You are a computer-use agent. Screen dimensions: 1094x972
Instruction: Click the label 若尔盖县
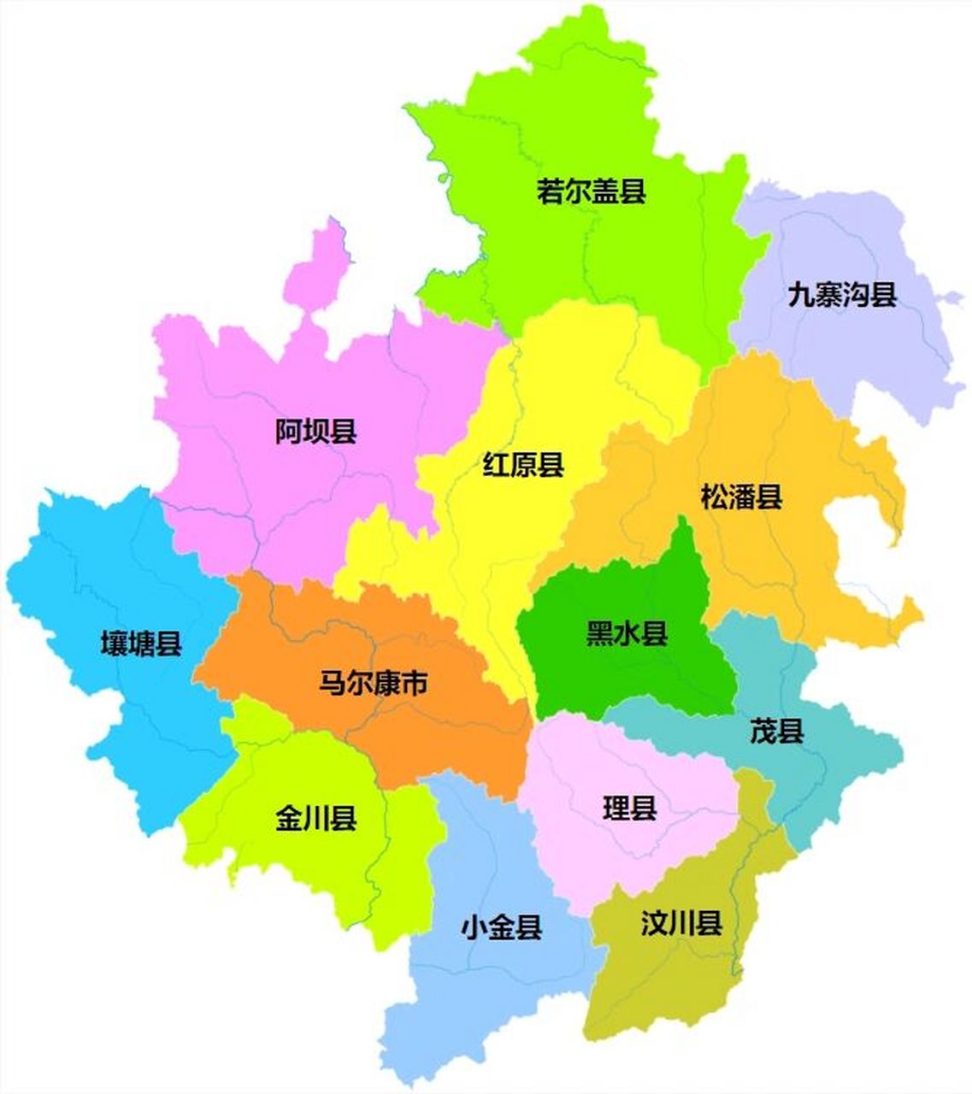pos(591,191)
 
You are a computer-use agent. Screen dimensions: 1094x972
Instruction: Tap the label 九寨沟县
pos(842,295)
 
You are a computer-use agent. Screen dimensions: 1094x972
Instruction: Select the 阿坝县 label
pos(315,432)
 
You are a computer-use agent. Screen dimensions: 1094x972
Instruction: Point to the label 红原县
pos(523,465)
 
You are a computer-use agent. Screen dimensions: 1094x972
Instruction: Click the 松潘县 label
pos(741,497)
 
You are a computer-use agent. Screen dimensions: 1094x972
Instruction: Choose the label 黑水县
pos(627,633)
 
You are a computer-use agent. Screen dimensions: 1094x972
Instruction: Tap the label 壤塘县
pos(141,643)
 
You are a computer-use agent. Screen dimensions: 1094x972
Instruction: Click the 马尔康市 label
pos(373,683)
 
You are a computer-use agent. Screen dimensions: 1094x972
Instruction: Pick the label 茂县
pos(776,732)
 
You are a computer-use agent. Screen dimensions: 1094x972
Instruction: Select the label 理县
pos(629,808)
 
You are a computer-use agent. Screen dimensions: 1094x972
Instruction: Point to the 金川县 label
pos(315,819)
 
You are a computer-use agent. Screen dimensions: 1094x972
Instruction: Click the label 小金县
pos(501,927)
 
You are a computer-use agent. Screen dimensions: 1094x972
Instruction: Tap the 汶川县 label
pos(681,923)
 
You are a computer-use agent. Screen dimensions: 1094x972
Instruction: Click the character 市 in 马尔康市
pos(415,683)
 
